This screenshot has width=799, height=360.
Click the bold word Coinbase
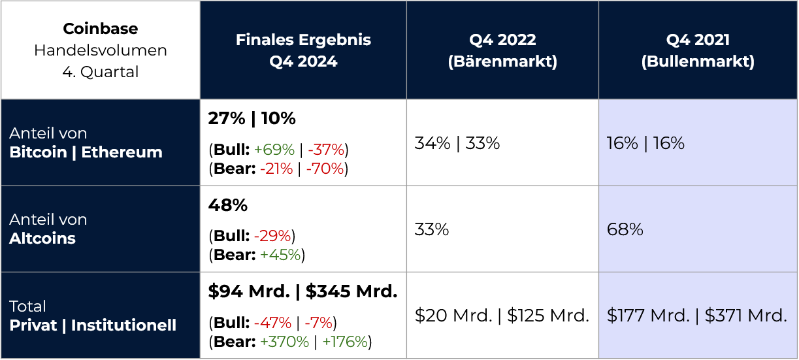click(x=100, y=29)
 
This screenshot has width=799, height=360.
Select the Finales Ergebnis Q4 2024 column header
click(x=303, y=50)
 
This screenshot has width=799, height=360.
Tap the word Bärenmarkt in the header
click(x=502, y=61)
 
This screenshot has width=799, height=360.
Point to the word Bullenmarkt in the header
click(x=698, y=61)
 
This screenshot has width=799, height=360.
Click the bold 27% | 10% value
click(x=252, y=118)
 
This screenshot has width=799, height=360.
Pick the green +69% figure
click(x=274, y=150)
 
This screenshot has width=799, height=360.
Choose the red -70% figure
click(x=325, y=169)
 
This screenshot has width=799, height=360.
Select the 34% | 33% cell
click(x=457, y=143)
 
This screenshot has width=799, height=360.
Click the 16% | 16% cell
click(x=645, y=143)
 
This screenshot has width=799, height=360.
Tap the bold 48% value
click(x=227, y=205)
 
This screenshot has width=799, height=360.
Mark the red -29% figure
click(x=272, y=236)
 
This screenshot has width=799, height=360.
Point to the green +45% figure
click(x=280, y=255)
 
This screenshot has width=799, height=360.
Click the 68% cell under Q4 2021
click(x=625, y=229)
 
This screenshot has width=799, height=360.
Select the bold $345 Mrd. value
click(x=351, y=291)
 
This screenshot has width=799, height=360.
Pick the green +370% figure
click(x=285, y=342)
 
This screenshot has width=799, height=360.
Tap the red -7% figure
click(x=319, y=323)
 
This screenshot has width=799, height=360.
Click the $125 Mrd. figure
click(x=548, y=316)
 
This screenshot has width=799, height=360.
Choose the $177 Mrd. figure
click(x=649, y=316)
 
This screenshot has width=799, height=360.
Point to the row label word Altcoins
click(x=42, y=238)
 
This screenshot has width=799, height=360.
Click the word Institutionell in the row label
click(x=123, y=325)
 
